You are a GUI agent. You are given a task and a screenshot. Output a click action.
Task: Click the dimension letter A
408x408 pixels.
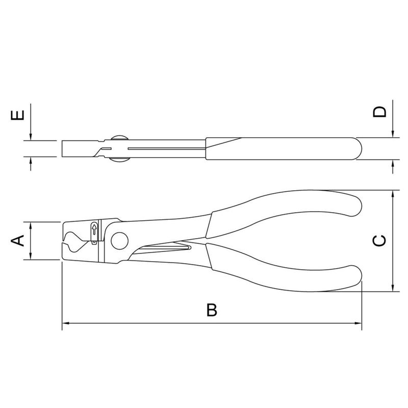tap(17, 240)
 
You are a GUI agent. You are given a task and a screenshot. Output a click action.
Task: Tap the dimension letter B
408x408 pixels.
tap(212, 310)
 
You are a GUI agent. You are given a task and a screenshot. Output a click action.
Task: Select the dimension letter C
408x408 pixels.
tap(379, 240)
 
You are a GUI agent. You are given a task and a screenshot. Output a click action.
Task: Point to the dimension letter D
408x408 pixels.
tap(379, 112)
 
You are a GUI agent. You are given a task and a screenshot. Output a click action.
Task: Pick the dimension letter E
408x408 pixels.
tap(17, 115)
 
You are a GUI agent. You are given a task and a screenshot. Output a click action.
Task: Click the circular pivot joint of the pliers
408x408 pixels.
tap(119, 241)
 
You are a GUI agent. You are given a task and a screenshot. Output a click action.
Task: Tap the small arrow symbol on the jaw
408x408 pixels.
tap(94, 229)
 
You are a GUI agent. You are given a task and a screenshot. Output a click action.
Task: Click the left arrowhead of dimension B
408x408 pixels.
tap(66, 323)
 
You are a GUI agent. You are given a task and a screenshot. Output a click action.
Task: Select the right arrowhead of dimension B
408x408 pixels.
tap(359, 323)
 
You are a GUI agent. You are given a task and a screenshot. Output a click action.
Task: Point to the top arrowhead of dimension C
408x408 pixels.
tap(393, 194)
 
